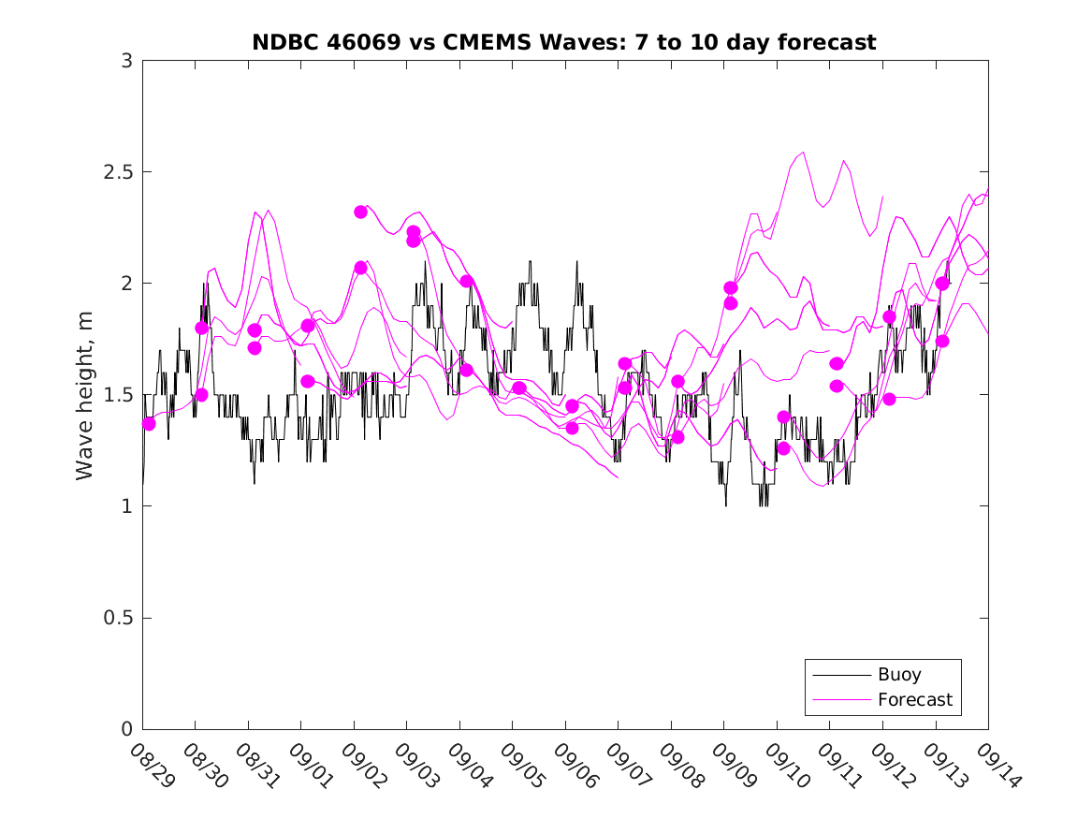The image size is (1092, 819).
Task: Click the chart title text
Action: [564, 42]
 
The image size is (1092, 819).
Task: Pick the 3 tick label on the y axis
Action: [125, 61]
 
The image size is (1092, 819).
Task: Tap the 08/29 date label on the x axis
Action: [151, 765]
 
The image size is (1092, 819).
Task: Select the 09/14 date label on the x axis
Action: [997, 765]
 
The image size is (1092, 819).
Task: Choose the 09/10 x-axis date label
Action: [785, 765]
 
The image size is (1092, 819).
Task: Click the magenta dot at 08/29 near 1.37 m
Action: [149, 424]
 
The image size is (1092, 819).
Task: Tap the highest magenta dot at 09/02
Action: [360, 212]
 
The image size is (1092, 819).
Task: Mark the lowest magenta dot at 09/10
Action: [784, 448]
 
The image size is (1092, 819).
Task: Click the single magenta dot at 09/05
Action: [519, 388]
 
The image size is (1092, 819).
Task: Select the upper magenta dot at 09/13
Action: [942, 284]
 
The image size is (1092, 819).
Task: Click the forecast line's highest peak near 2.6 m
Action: [803, 152]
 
